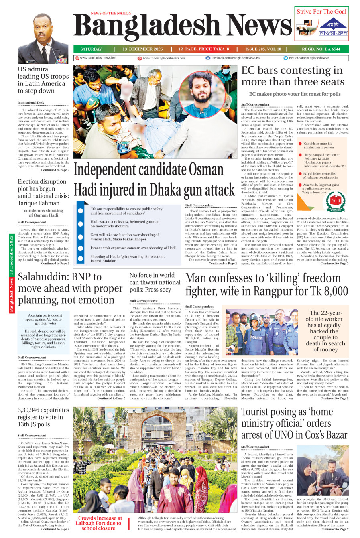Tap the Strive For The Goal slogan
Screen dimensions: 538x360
(321, 12)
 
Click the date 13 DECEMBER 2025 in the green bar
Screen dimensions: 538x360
(142, 49)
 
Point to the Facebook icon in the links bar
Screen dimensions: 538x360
(208, 58)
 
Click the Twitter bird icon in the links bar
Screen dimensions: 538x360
(286, 58)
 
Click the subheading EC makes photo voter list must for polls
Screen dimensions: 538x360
(295, 94)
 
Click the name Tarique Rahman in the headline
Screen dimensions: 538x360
(38, 203)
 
